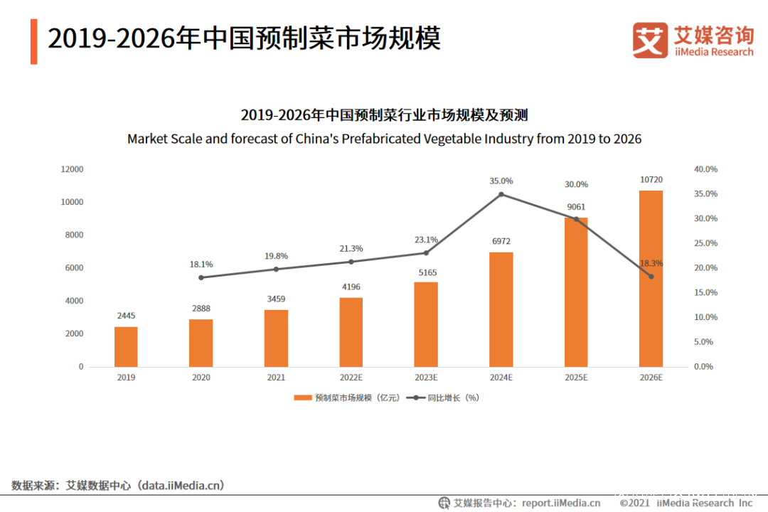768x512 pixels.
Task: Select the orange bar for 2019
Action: (x=126, y=346)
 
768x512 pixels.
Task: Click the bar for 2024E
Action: (x=501, y=309)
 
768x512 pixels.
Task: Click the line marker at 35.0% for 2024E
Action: (x=501, y=194)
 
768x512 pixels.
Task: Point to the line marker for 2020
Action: (x=201, y=277)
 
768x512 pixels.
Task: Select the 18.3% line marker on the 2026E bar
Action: (x=651, y=277)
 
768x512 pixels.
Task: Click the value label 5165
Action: (x=426, y=272)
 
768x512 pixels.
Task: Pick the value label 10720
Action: (x=651, y=180)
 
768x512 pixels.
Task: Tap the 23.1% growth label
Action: (x=426, y=240)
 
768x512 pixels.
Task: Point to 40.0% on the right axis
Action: (x=705, y=169)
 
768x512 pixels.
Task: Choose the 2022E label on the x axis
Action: (x=351, y=378)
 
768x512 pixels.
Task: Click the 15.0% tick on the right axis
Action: (x=705, y=293)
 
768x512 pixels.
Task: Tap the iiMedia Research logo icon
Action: (x=650, y=40)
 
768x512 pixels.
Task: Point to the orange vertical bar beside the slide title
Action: (x=33, y=41)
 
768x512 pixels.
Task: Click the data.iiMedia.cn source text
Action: (x=181, y=486)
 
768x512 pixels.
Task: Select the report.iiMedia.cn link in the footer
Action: (x=560, y=503)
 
